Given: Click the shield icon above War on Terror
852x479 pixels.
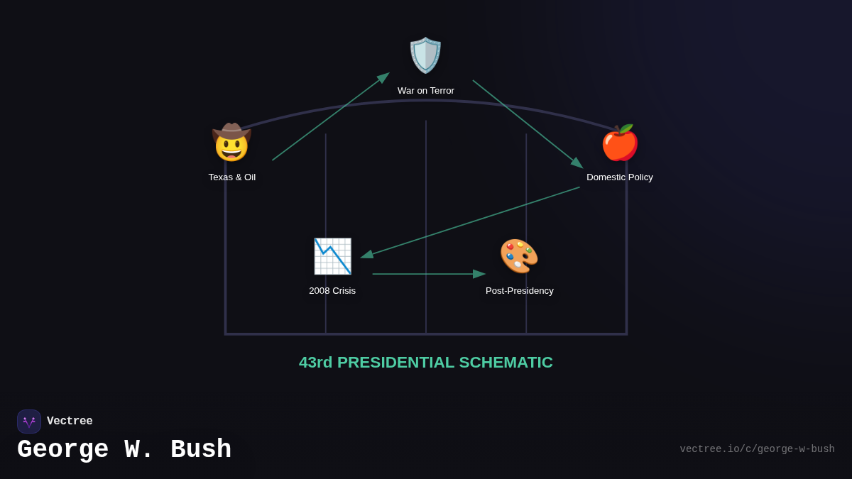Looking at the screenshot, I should [425, 55].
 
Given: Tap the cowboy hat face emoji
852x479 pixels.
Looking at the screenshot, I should [231, 143].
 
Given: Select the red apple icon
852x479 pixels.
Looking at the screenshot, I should [620, 143].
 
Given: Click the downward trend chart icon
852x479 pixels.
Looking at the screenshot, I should [332, 256].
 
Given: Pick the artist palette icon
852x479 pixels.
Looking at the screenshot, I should [519, 256].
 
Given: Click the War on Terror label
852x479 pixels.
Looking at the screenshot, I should [426, 91].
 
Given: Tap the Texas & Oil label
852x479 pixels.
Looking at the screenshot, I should [232, 177].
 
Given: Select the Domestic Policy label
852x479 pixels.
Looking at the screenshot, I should [620, 177].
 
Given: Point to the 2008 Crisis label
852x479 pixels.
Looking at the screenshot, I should [332, 291].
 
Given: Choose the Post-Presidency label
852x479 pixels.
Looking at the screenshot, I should [520, 291].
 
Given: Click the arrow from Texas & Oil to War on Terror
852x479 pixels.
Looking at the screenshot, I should [330, 117].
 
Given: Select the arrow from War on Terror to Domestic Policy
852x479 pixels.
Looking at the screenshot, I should [528, 123].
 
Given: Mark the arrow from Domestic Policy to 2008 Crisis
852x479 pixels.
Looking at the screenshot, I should [471, 222].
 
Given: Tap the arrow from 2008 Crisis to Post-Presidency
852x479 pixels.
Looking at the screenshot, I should [428, 274].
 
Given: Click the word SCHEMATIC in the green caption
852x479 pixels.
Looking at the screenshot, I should [506, 363].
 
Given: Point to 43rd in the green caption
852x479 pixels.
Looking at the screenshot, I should [315, 363].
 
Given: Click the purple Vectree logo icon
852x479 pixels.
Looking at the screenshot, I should [29, 422].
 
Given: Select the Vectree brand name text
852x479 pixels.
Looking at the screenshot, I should [70, 422].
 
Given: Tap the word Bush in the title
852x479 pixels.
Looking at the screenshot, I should [201, 450].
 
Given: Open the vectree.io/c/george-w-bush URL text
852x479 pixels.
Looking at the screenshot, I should [757, 449].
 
